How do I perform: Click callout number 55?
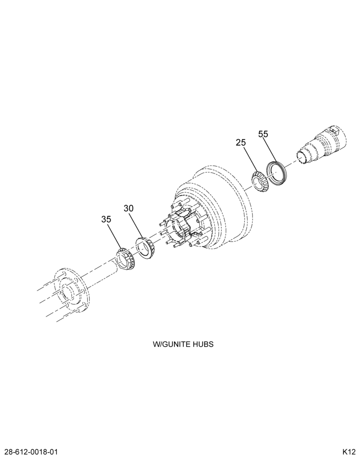(x=263, y=134)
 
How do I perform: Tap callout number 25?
(x=241, y=143)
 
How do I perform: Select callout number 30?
(x=128, y=208)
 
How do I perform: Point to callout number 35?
(x=107, y=219)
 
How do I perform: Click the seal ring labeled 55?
(x=276, y=174)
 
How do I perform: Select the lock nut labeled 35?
(x=125, y=259)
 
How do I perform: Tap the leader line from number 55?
(x=270, y=151)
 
